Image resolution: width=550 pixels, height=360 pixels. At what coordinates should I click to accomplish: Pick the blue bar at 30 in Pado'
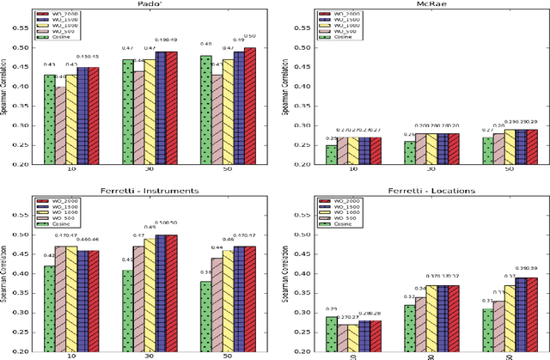161,107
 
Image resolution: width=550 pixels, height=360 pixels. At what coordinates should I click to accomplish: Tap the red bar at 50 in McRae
533,147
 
